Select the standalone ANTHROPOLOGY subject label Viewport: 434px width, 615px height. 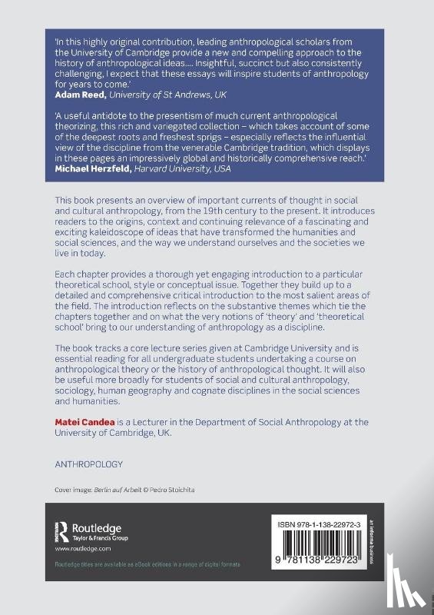(x=88, y=464)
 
